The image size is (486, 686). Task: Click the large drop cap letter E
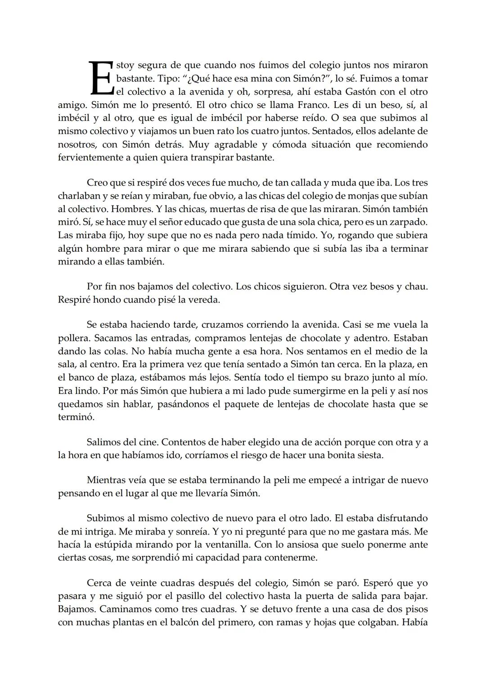click(x=100, y=78)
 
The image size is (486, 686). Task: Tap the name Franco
click(x=342, y=105)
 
